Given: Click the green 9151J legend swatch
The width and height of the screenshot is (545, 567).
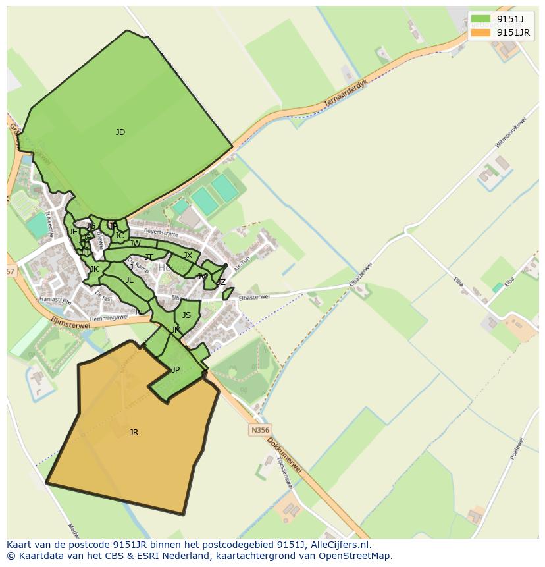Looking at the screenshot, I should (x=480, y=18).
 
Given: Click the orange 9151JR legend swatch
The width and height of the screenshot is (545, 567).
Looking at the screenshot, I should (x=480, y=32).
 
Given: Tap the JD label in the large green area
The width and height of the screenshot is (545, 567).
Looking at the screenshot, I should (x=120, y=132).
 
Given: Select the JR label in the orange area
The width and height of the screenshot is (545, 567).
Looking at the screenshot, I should (x=134, y=433).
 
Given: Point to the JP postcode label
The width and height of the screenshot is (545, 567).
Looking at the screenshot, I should (x=175, y=370).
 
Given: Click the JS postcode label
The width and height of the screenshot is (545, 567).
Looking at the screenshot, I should (x=186, y=315).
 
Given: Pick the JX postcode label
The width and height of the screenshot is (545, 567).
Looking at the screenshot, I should (x=188, y=256).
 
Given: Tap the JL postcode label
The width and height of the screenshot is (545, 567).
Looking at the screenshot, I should (x=130, y=280).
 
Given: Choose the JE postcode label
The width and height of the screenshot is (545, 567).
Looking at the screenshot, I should (x=73, y=232).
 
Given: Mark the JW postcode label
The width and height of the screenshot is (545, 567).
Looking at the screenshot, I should (x=136, y=244).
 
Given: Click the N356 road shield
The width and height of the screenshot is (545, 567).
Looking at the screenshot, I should (x=259, y=430).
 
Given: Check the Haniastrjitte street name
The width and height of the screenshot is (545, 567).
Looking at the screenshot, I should (x=54, y=299).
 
